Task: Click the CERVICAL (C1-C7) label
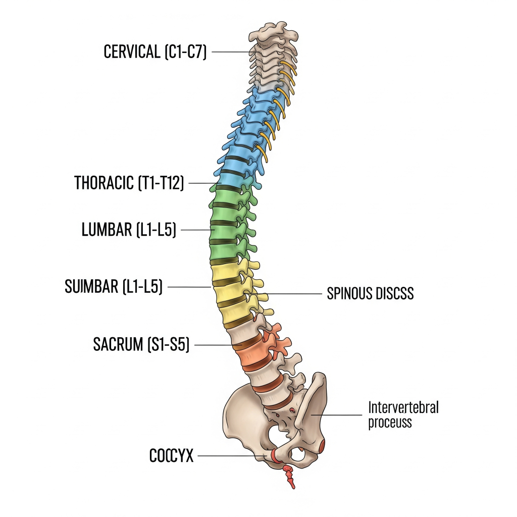point(155,51)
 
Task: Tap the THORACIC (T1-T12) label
point(129,183)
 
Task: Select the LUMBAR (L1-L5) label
point(129,230)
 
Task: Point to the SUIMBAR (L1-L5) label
point(114,286)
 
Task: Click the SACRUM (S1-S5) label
point(141,345)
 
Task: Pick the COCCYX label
point(172,456)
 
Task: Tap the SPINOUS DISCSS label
point(370,293)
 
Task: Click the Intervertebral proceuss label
point(403,415)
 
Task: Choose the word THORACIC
point(105,183)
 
